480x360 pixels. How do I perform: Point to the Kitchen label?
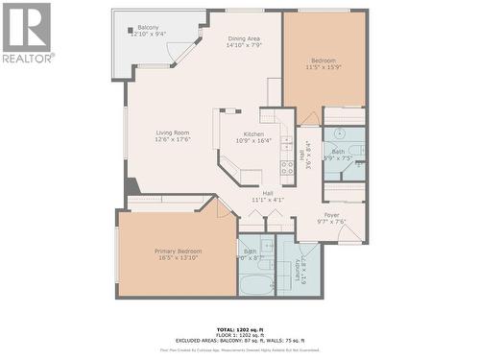[253, 134]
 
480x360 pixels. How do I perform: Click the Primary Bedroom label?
[178, 252]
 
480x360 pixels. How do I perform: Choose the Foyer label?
[332, 215]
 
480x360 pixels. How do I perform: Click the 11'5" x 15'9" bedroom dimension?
[324, 66]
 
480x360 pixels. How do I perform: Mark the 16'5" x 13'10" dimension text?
[178, 258]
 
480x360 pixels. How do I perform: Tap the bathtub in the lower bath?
[256, 284]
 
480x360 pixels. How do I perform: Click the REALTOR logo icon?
[26, 27]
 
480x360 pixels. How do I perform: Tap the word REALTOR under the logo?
[27, 58]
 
